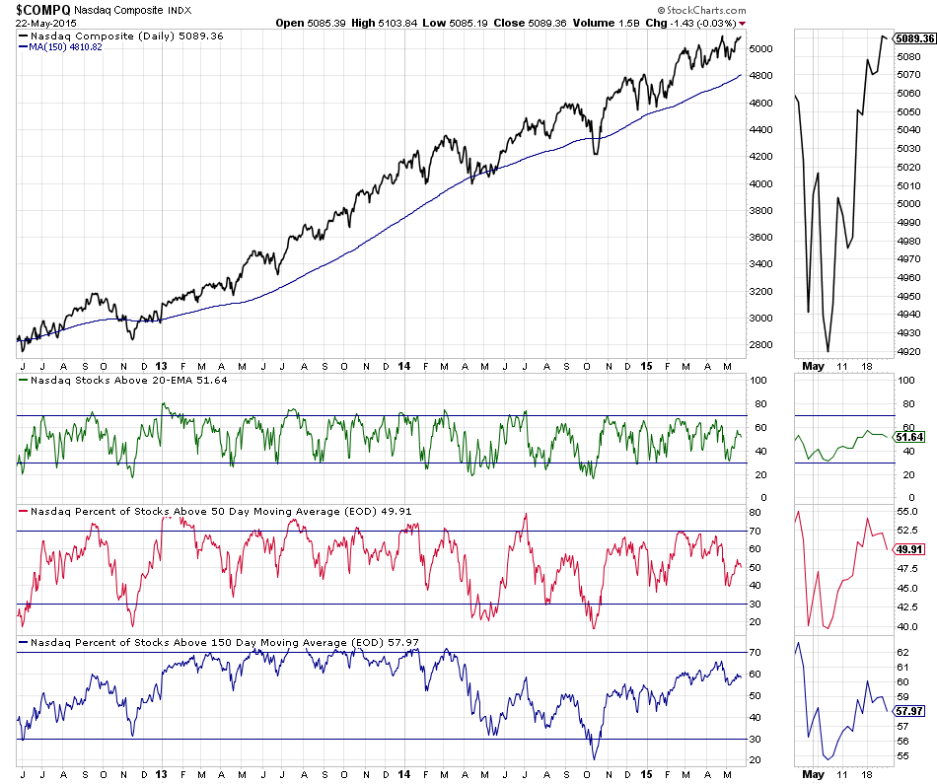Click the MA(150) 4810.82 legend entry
point(69,46)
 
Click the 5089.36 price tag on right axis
point(914,38)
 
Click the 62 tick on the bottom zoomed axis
point(901,652)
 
